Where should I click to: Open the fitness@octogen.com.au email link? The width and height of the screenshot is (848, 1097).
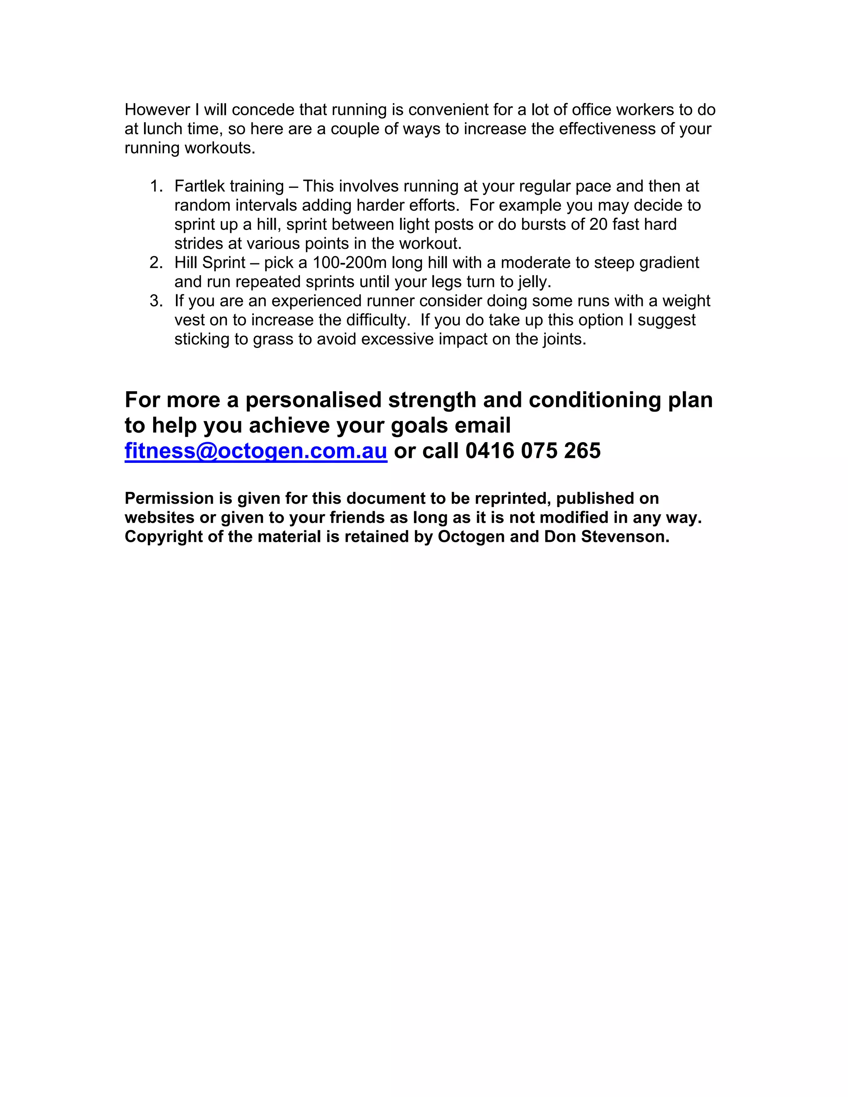click(256, 450)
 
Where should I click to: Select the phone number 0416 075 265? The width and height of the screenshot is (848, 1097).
click(532, 450)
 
